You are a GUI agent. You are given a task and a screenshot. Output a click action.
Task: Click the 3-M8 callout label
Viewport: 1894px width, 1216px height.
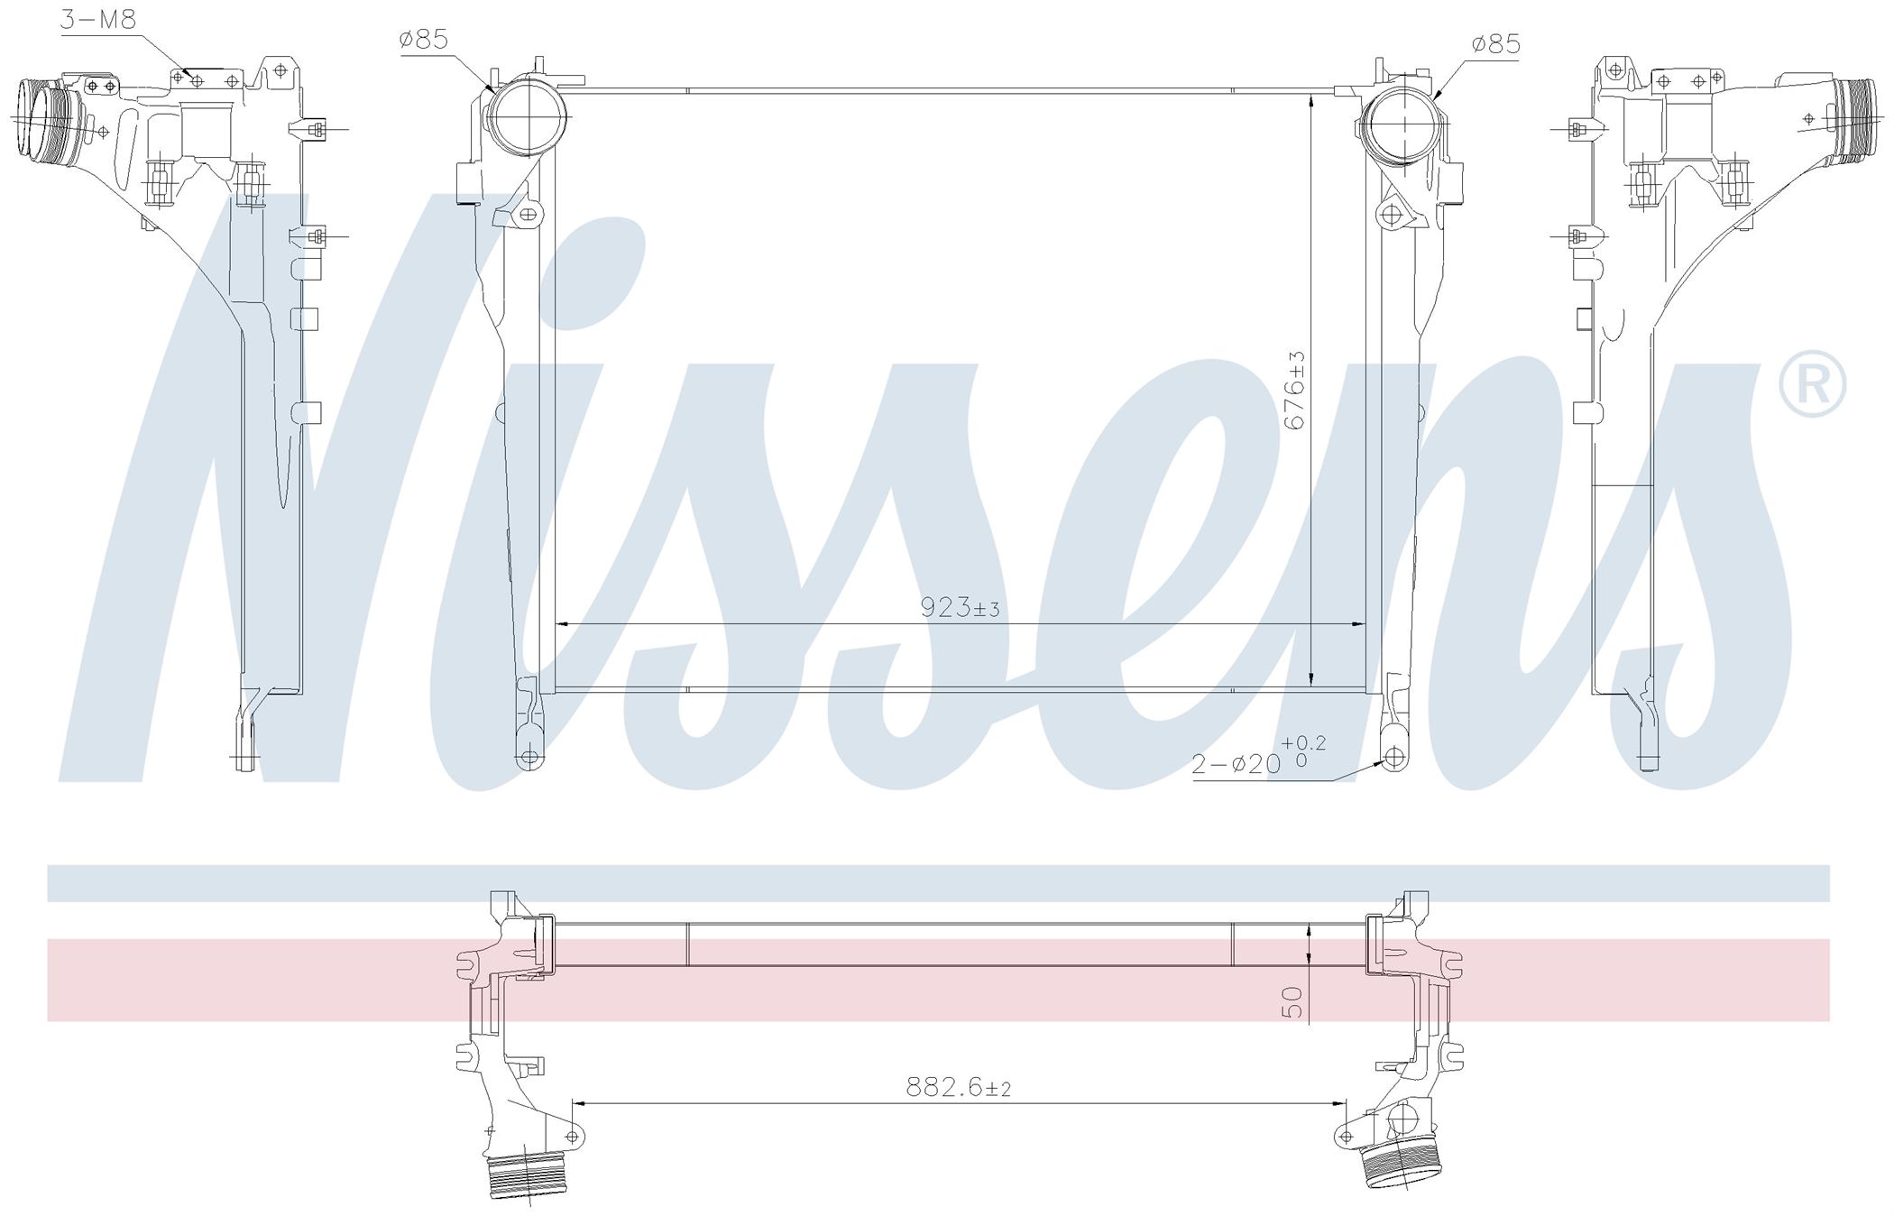[x=98, y=18]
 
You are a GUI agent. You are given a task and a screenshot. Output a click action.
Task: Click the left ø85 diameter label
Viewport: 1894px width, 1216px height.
[x=424, y=40]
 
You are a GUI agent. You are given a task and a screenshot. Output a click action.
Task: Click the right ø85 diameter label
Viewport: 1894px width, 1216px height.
[x=1495, y=43]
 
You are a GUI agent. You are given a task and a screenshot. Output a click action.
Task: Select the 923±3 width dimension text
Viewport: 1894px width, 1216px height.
[x=960, y=607]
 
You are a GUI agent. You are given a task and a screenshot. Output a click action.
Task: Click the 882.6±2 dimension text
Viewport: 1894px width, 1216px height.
[x=958, y=1088]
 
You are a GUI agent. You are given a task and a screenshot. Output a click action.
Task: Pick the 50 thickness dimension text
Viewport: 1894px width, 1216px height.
[x=1293, y=1001]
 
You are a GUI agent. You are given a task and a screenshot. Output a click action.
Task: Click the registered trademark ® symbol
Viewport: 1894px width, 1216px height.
[x=1813, y=385]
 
